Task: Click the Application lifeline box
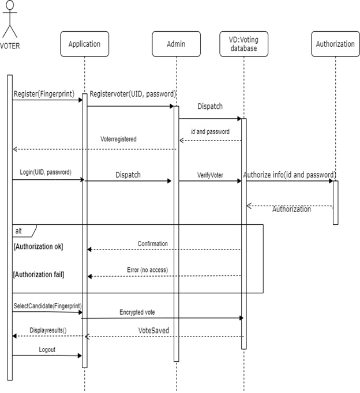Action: [84, 44]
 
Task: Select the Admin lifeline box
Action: [176, 44]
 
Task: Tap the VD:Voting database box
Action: [243, 44]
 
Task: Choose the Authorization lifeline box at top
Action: [335, 44]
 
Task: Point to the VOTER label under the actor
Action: [10, 47]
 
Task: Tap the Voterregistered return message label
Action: [118, 139]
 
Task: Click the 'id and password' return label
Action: [210, 132]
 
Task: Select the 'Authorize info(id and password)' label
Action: [290, 174]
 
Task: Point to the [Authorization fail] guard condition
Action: [39, 275]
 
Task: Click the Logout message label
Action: [47, 349]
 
